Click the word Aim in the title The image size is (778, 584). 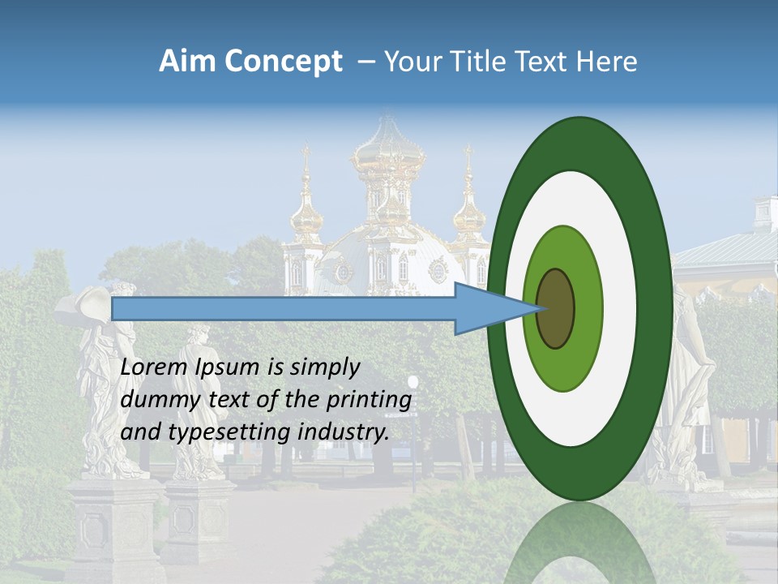click(187, 62)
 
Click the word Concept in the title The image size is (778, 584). click(283, 62)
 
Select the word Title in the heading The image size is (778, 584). click(488, 62)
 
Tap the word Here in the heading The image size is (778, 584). click(606, 62)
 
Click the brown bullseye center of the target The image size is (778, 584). click(555, 309)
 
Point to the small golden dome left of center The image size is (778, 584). click(307, 215)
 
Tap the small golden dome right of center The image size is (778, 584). click(469, 215)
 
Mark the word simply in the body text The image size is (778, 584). click(327, 367)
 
